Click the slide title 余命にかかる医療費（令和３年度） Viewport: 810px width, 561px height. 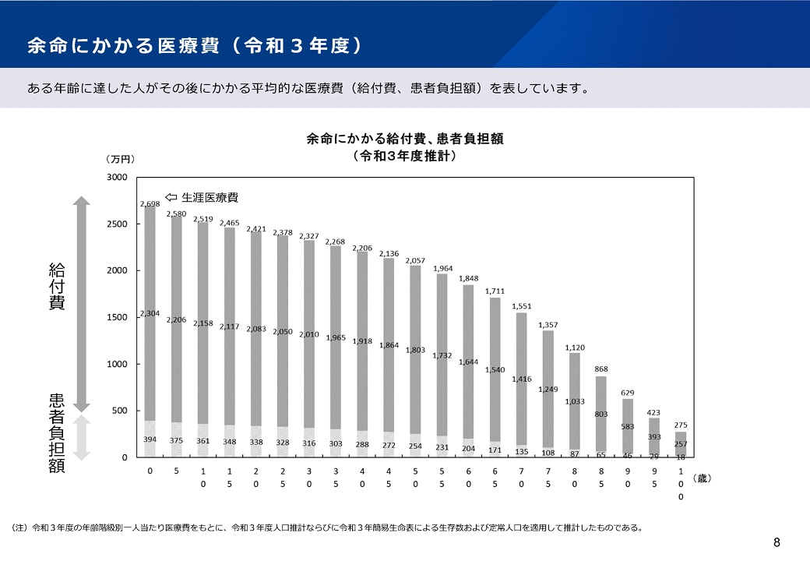coord(195,45)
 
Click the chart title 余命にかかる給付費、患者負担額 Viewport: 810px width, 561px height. coord(404,139)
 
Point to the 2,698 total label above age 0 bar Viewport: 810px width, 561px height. coord(150,204)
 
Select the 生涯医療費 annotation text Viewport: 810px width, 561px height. coord(210,197)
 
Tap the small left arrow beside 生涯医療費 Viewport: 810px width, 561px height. coord(171,197)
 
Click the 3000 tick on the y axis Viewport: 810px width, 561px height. coord(117,178)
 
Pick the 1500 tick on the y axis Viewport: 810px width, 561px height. coord(117,318)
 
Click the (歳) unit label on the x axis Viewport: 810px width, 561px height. coord(703,478)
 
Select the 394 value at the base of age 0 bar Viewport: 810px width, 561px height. coord(150,440)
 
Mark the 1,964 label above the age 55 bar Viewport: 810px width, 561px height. coord(442,269)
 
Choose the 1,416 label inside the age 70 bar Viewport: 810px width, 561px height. coord(522,379)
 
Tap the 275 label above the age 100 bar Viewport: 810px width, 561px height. coord(681,425)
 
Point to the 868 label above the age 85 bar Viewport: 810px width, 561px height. coord(601,369)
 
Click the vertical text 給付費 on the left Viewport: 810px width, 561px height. coord(56,287)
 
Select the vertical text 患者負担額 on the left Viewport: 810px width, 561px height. coord(56,433)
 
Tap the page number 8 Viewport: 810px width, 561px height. coord(777,542)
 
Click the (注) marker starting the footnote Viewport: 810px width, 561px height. coord(19,527)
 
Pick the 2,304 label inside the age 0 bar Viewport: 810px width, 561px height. coord(150,314)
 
